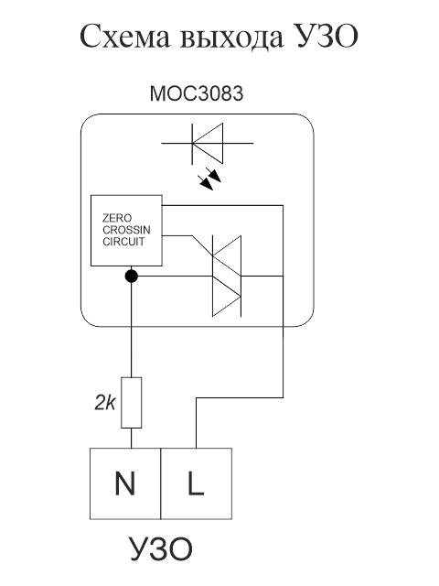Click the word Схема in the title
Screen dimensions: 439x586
click(x=125, y=37)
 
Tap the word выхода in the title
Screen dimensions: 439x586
click(x=231, y=38)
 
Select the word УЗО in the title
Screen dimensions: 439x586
click(x=327, y=37)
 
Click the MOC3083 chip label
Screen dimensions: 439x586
click(x=197, y=93)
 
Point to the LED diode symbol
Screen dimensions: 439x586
click(x=208, y=143)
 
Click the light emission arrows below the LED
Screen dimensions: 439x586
click(x=211, y=179)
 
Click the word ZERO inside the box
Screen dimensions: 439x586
click(x=117, y=218)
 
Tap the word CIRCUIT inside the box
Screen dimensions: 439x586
click(x=123, y=242)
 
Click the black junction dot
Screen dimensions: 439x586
click(x=132, y=277)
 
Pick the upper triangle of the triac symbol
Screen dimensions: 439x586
click(x=227, y=255)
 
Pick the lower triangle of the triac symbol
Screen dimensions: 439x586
click(x=227, y=297)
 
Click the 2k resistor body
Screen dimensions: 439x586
click(x=132, y=403)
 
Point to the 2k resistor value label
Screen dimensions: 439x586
click(x=105, y=403)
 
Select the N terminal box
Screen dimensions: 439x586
click(x=125, y=483)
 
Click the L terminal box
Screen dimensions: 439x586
click(x=197, y=483)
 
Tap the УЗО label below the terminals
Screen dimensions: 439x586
click(x=161, y=548)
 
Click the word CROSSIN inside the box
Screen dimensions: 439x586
click(x=126, y=230)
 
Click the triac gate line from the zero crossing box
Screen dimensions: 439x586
click(x=187, y=244)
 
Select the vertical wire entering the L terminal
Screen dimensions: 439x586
click(x=196, y=423)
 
